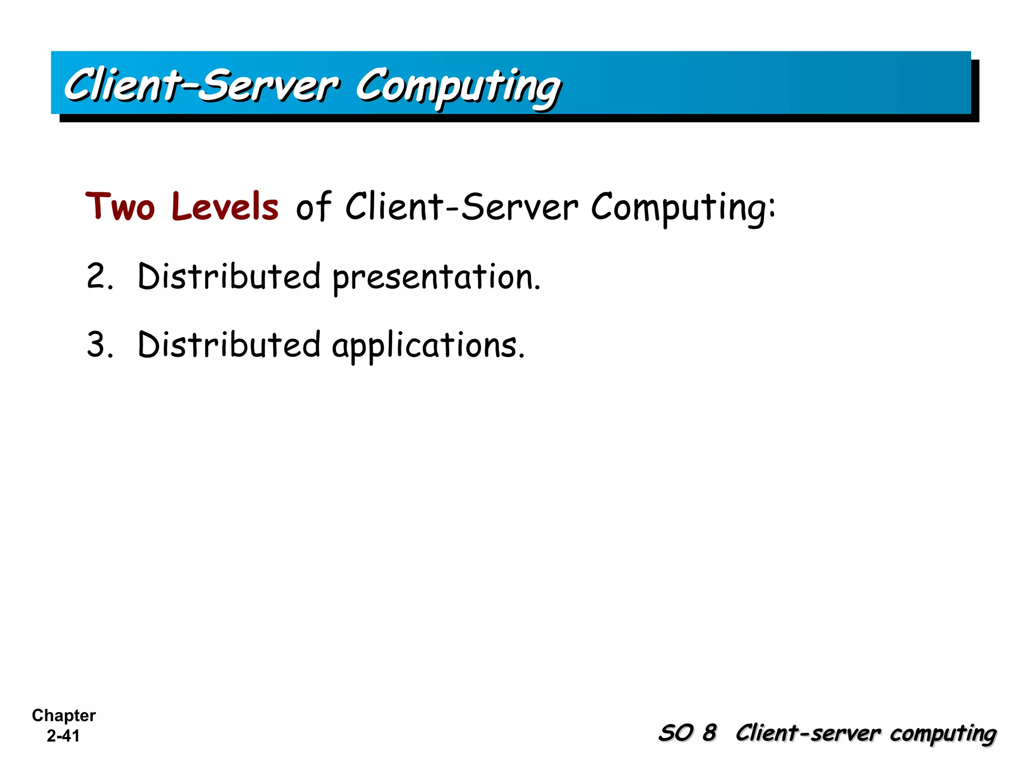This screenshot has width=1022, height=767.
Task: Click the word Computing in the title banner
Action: click(458, 86)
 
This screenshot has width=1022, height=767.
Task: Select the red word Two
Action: click(120, 206)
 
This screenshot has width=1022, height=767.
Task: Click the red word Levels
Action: click(225, 206)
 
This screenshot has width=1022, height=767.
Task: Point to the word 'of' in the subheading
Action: click(313, 206)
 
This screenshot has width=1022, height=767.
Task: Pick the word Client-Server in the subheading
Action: click(462, 206)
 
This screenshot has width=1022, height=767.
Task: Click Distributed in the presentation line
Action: click(229, 276)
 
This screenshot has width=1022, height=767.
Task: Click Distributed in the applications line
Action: click(229, 345)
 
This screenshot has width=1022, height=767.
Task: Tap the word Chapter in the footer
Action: click(64, 715)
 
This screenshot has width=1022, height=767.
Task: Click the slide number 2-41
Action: click(63, 736)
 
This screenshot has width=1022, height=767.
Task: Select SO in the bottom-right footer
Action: click(676, 733)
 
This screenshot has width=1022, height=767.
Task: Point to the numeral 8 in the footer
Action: click(709, 733)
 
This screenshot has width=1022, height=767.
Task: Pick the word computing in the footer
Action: click(943, 734)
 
